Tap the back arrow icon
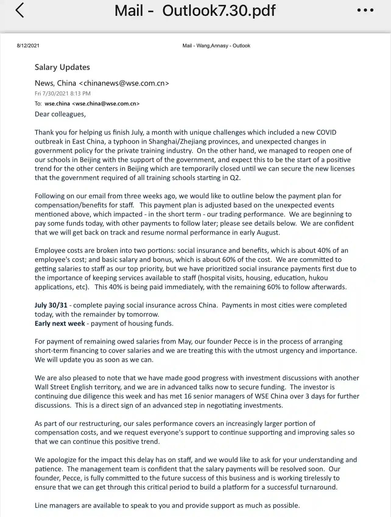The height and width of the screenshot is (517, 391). coord(19,10)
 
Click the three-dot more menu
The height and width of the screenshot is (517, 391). coord(365,10)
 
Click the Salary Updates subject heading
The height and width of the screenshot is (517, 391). coord(62,67)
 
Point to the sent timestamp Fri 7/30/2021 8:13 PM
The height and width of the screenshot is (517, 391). coord(62,93)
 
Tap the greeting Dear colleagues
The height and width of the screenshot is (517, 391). coord(60,114)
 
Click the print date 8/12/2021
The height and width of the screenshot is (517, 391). coord(28,46)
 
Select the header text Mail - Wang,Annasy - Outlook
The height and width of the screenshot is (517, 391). coord(216,46)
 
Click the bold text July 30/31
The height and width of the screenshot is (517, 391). coord(51,305)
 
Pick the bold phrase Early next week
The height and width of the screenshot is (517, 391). coord(60,323)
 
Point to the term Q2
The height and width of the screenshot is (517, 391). coord(234,178)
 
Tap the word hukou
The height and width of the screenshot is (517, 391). coord(318,278)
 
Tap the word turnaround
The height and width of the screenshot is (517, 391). coord(318,487)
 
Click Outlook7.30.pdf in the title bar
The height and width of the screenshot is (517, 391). coord(219,10)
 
